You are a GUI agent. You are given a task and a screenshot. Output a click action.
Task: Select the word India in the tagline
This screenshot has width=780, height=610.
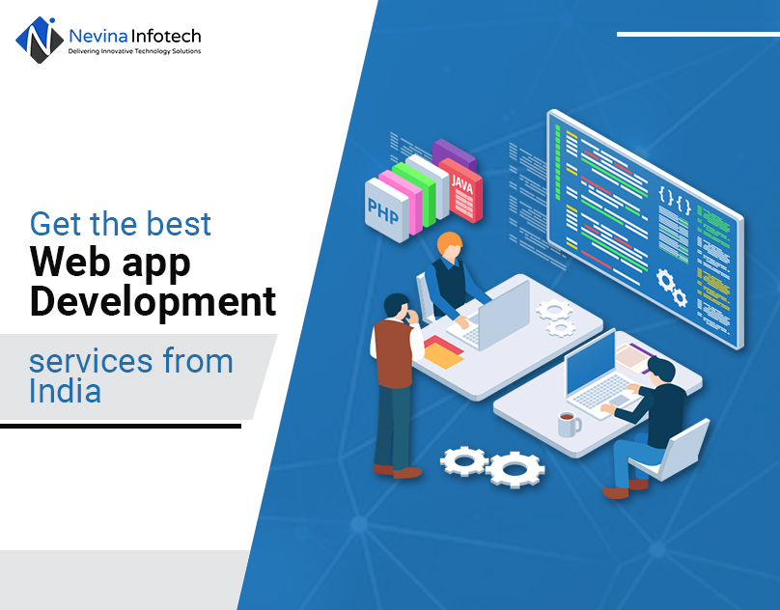click(65, 391)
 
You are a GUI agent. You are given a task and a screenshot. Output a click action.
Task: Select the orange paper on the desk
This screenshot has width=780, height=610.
click(443, 354)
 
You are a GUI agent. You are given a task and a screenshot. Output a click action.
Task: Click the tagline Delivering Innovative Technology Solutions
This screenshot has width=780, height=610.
click(134, 51)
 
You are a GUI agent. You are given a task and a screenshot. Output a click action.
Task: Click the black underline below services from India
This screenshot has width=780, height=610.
click(120, 425)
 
